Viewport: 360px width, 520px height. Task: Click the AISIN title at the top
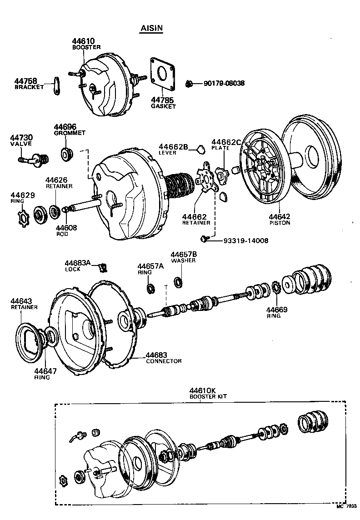150,28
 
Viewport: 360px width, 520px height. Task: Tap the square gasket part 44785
162,75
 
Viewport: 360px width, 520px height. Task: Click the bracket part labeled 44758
56,86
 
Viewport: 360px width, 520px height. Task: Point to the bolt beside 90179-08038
190,84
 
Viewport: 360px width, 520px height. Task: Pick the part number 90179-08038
224,84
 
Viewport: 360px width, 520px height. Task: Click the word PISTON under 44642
280,223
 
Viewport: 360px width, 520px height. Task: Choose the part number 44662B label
173,146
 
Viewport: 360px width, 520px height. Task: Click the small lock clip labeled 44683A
103,266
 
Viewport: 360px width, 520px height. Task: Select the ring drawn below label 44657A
150,288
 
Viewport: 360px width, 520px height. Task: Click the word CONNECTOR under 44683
164,361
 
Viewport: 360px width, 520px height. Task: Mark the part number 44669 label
277,310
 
